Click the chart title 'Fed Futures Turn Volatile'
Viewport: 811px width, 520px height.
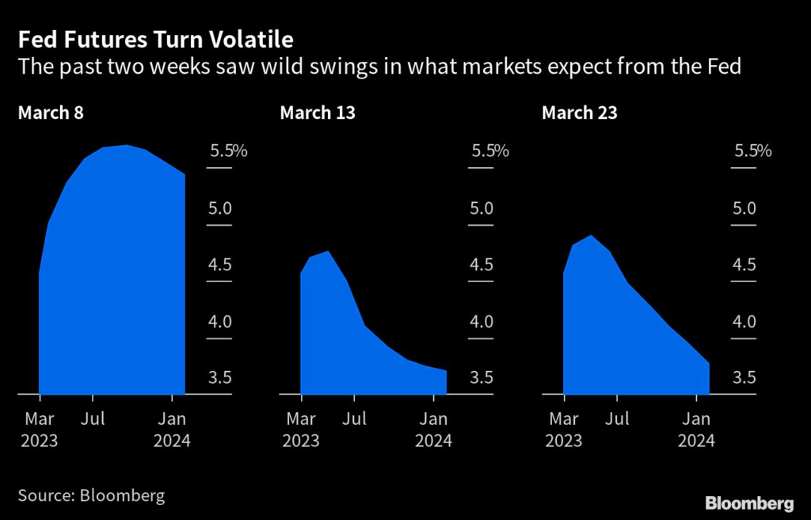155,39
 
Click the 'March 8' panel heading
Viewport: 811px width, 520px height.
51,113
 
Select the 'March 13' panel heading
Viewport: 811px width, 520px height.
318,113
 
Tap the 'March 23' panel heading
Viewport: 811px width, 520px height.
580,113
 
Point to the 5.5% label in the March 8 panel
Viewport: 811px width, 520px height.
228,151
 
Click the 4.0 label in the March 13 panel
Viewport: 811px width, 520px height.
482,322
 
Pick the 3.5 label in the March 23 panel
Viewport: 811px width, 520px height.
744,377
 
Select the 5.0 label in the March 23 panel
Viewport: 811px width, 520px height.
744,208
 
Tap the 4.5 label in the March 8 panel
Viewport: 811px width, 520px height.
220,265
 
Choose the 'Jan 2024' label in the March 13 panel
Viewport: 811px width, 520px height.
433,429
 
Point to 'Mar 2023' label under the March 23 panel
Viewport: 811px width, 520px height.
563,429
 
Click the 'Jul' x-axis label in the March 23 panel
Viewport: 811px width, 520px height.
618,418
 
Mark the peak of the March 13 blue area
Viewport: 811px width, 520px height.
327,252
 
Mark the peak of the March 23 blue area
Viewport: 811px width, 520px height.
590,236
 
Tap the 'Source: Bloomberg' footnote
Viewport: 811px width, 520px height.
91,496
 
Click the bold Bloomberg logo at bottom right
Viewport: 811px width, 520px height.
749,503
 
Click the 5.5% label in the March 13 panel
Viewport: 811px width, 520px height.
489,151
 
